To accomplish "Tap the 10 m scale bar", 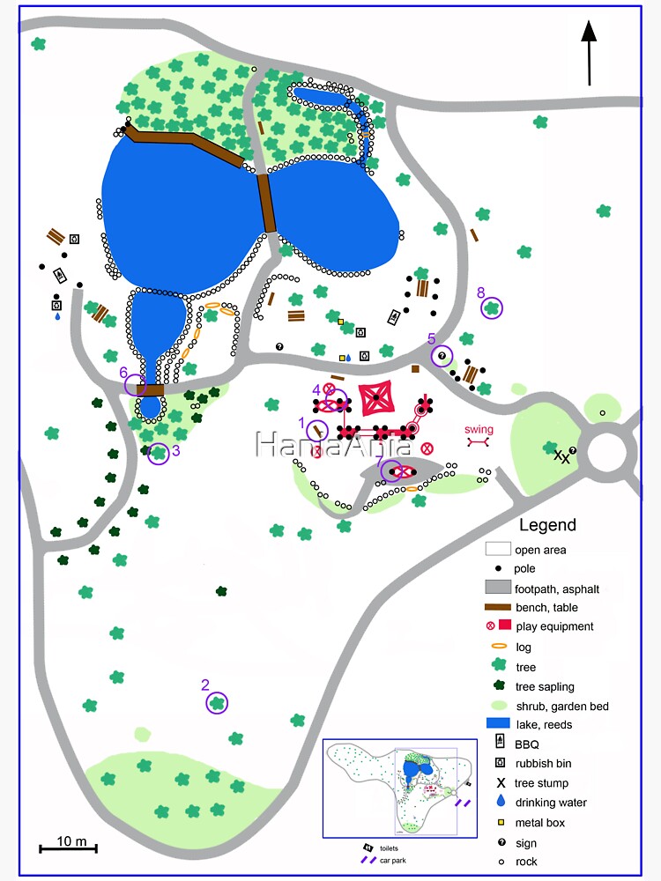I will (x=68, y=848).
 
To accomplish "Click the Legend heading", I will (x=547, y=525).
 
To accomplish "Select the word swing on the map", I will (x=479, y=429).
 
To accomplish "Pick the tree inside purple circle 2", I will (x=217, y=703).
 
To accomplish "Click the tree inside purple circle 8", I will (x=492, y=307).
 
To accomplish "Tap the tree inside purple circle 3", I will (x=159, y=454).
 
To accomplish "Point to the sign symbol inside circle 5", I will (x=442, y=356).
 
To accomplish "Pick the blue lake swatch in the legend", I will (x=499, y=724).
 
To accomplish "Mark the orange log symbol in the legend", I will (x=499, y=647).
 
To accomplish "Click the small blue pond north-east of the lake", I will (x=323, y=95).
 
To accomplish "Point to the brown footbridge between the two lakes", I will (x=264, y=203).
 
